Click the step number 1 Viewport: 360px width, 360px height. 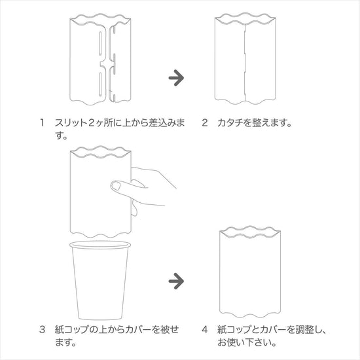(x=42, y=123)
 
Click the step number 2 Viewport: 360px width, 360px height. (x=205, y=123)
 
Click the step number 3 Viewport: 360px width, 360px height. (x=42, y=330)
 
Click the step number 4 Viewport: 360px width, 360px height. (x=205, y=330)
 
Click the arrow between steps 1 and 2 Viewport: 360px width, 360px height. (x=176, y=78)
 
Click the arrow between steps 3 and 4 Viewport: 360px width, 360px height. (x=176, y=281)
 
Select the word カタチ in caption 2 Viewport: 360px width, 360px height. (x=230, y=123)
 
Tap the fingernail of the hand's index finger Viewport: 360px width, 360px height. (x=117, y=185)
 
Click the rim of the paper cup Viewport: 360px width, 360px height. (x=100, y=244)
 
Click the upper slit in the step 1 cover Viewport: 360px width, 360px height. (x=100, y=43)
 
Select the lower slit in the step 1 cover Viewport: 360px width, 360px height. (x=100, y=83)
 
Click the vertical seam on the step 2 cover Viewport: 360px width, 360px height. (x=245, y=62)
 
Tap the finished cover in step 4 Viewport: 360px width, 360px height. (x=250, y=272)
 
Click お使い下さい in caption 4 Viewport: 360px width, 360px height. (x=247, y=342)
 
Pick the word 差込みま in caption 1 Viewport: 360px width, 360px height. (x=167, y=123)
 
